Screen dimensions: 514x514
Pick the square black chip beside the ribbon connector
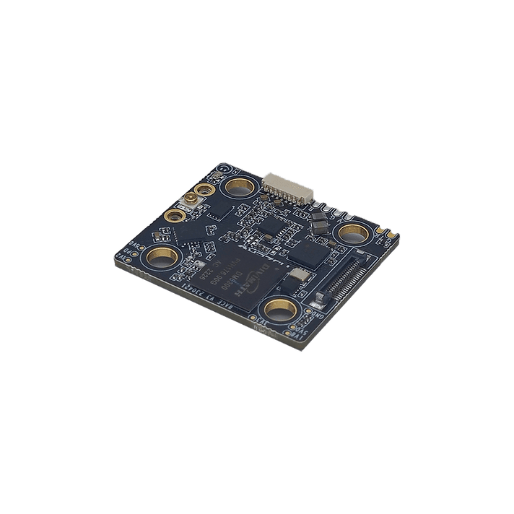pyautogui.click(x=308, y=252)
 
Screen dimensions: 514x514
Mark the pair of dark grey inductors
pyautogui.click(x=317, y=222)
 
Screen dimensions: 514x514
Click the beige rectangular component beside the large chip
pyautogui.click(x=296, y=276)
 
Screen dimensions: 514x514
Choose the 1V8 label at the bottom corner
pyautogui.click(x=291, y=335)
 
